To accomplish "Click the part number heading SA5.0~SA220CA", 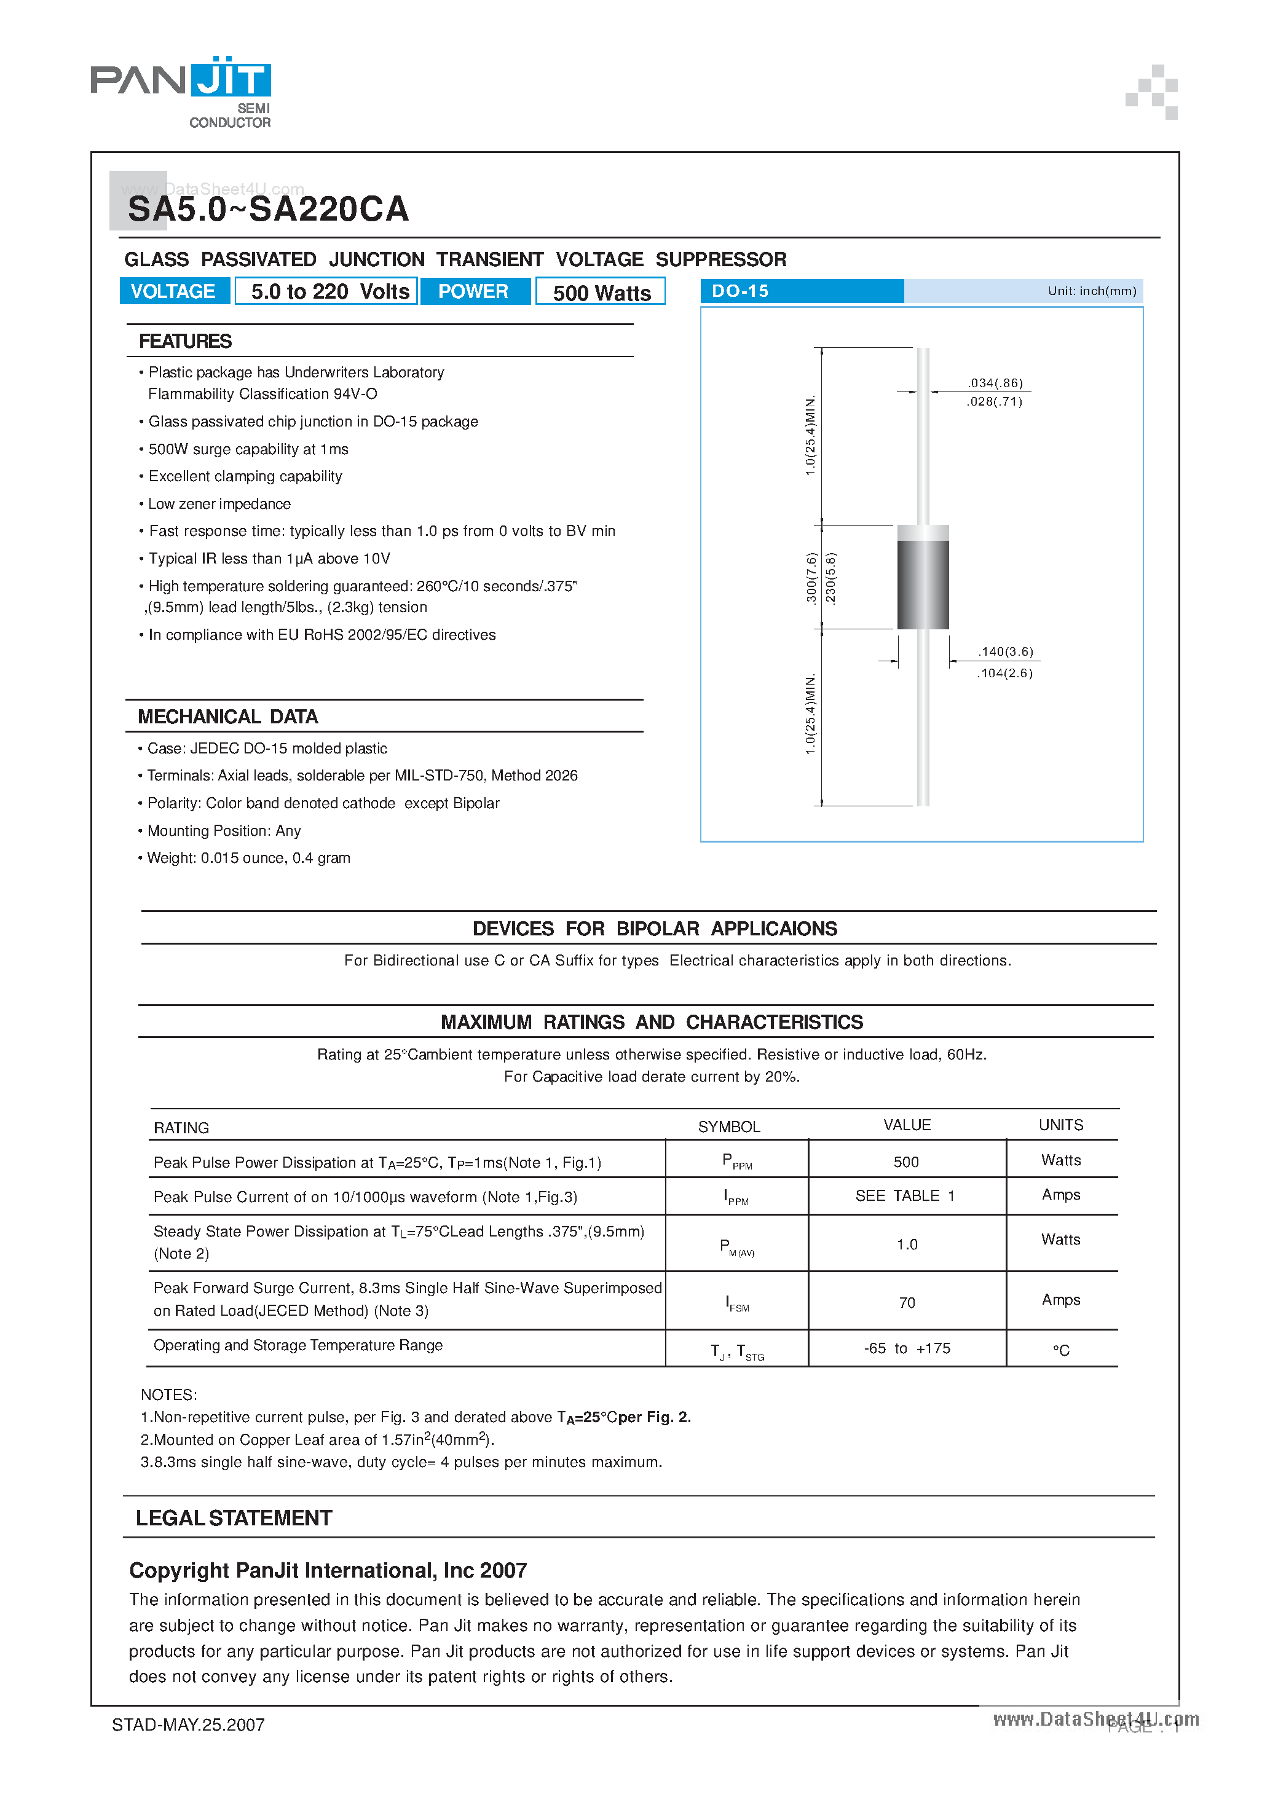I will pos(268,209).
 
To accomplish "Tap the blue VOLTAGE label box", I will pos(174,291).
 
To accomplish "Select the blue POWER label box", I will pos(474,291).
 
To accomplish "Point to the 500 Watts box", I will pos(601,292).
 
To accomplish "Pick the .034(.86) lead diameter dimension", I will pos(995,383).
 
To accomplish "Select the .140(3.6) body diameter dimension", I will pos(1005,651).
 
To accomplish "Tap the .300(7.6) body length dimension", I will pos(811,578).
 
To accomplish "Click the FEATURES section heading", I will pos(186,341).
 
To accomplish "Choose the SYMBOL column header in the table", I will pos(729,1127).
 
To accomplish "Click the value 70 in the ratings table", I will pos(907,1302).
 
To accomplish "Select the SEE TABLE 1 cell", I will pos(905,1196).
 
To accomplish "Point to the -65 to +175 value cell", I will pos(907,1348).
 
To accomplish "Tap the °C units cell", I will pos(1061,1350).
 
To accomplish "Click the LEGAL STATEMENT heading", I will pos(234,1519).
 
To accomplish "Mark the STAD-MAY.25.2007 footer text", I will pos(189,1725).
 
